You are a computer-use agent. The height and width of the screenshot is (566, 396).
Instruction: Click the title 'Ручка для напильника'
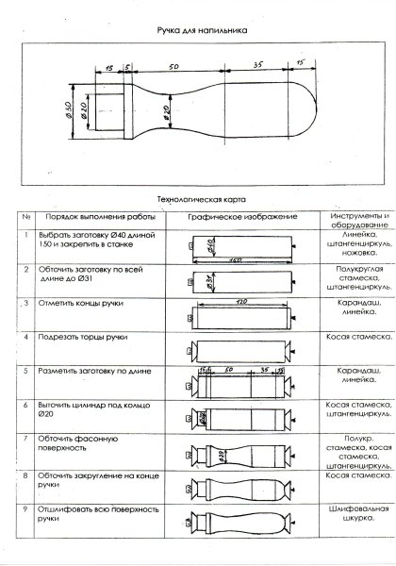point(202,30)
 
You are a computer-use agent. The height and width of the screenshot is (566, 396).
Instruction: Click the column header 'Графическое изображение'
point(241,217)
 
